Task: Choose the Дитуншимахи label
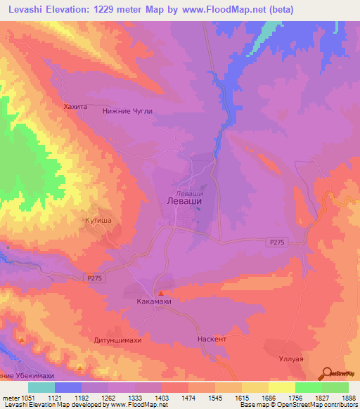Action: click(x=117, y=340)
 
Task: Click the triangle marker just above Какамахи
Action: click(x=161, y=293)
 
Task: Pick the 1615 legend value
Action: click(x=242, y=398)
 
